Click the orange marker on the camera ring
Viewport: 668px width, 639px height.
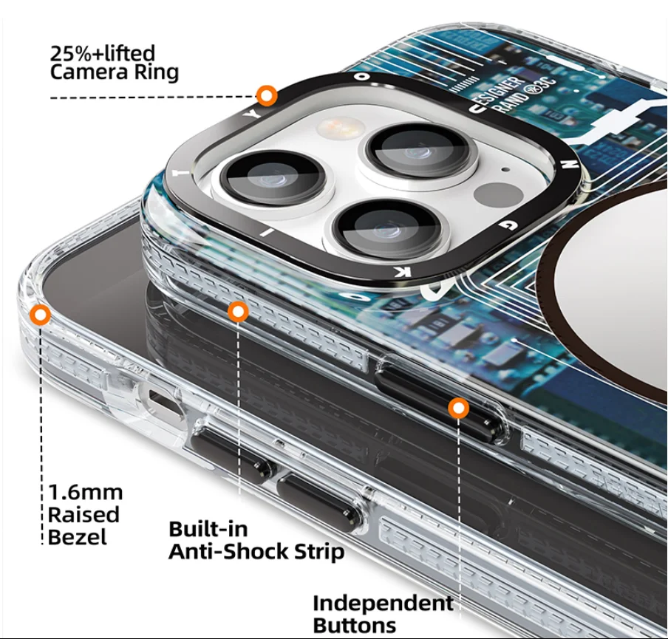(267, 95)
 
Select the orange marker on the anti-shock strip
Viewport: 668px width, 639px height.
(237, 312)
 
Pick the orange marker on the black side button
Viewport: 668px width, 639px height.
(459, 408)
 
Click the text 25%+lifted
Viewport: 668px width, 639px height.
(102, 53)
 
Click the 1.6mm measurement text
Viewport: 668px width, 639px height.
(86, 492)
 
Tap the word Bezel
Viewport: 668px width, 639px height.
(77, 537)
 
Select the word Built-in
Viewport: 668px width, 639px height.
(208, 529)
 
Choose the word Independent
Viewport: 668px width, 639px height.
(383, 603)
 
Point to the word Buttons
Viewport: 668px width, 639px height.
(355, 625)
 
